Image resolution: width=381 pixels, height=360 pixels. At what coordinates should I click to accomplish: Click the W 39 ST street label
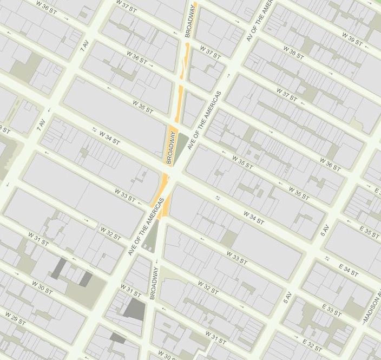pos(352,39)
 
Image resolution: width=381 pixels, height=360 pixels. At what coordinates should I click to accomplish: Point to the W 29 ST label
pos(15,318)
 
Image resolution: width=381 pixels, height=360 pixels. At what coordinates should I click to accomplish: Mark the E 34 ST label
pos(348,269)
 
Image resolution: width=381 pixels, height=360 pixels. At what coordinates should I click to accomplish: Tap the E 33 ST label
pos(331,310)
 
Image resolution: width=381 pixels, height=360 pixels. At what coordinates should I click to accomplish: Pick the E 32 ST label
pos(313,345)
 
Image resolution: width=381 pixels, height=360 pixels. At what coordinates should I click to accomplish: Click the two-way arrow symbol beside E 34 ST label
pos(327,258)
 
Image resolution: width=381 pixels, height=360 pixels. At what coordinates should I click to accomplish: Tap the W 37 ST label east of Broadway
pos(210,53)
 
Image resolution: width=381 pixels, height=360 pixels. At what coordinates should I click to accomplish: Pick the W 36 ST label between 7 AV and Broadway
pos(137,57)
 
